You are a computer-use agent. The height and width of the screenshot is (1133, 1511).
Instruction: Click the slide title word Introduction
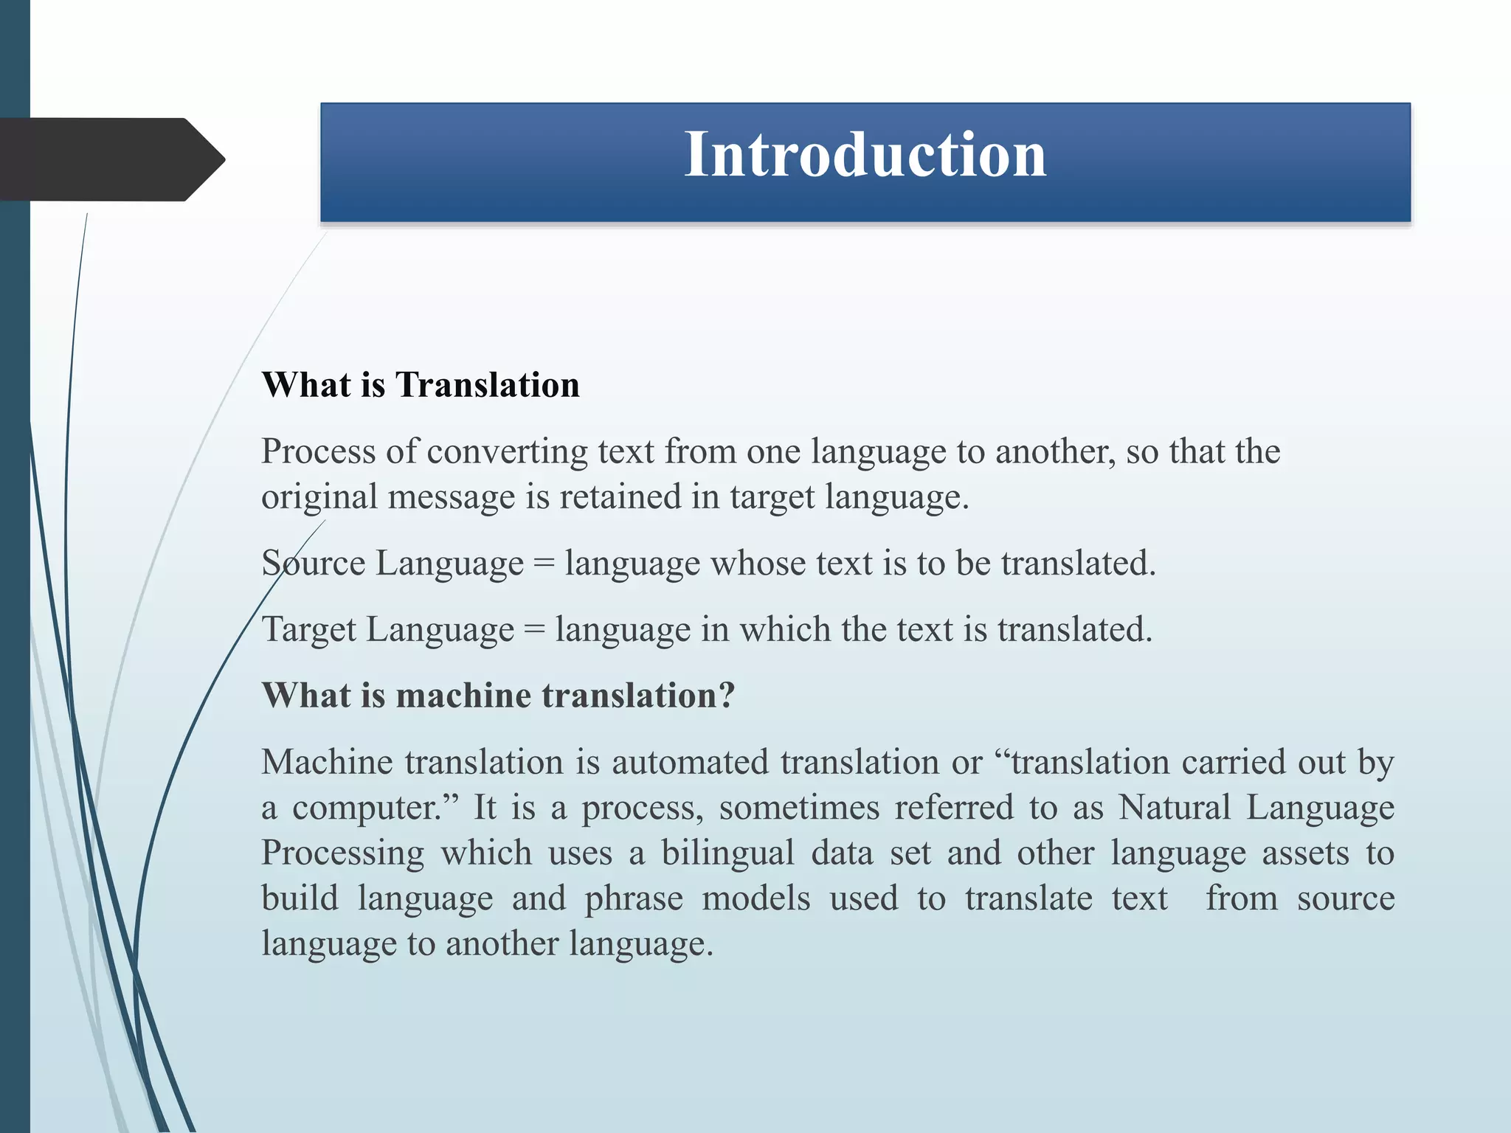point(865,155)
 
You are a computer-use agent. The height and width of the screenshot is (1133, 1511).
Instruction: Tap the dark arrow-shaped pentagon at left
point(111,159)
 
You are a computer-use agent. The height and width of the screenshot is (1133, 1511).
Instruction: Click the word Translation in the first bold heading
point(487,385)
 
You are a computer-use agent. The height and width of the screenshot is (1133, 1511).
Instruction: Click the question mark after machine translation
point(727,696)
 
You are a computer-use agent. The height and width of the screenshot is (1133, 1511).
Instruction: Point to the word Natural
point(1174,808)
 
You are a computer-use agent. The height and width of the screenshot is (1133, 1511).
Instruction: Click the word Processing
point(342,854)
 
